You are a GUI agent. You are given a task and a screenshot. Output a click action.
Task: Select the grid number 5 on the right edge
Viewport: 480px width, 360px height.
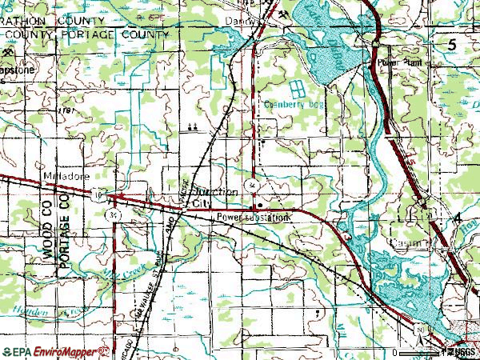click(x=453, y=46)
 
